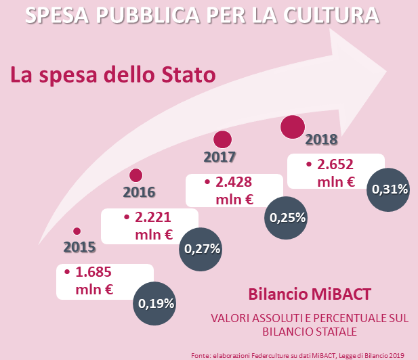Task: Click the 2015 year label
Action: (79, 246)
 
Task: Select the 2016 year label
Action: (139, 192)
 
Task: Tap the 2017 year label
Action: (220, 157)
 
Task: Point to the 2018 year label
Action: (322, 140)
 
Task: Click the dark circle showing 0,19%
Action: (156, 303)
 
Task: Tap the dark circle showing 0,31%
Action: (388, 189)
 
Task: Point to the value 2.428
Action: (234, 182)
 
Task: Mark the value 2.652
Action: (335, 164)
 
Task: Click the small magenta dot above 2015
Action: (77, 231)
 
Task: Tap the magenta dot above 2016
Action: (136, 175)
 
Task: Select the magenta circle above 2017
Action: (222, 140)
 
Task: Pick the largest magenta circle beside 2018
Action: (293, 127)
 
